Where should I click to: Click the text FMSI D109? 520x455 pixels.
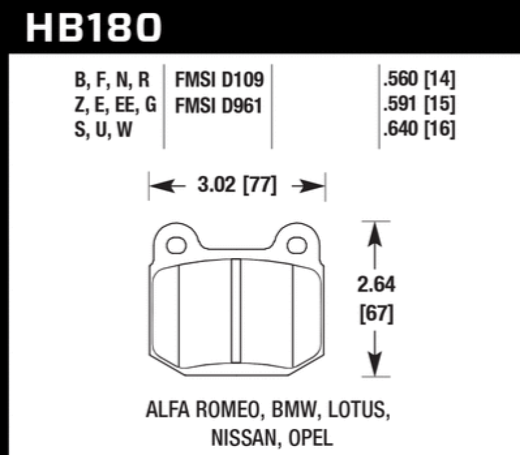217,81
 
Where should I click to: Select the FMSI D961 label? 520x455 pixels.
217,105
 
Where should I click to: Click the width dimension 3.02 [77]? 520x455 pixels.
237,187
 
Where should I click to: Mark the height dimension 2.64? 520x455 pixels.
376,285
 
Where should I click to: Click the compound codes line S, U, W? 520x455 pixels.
104,129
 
